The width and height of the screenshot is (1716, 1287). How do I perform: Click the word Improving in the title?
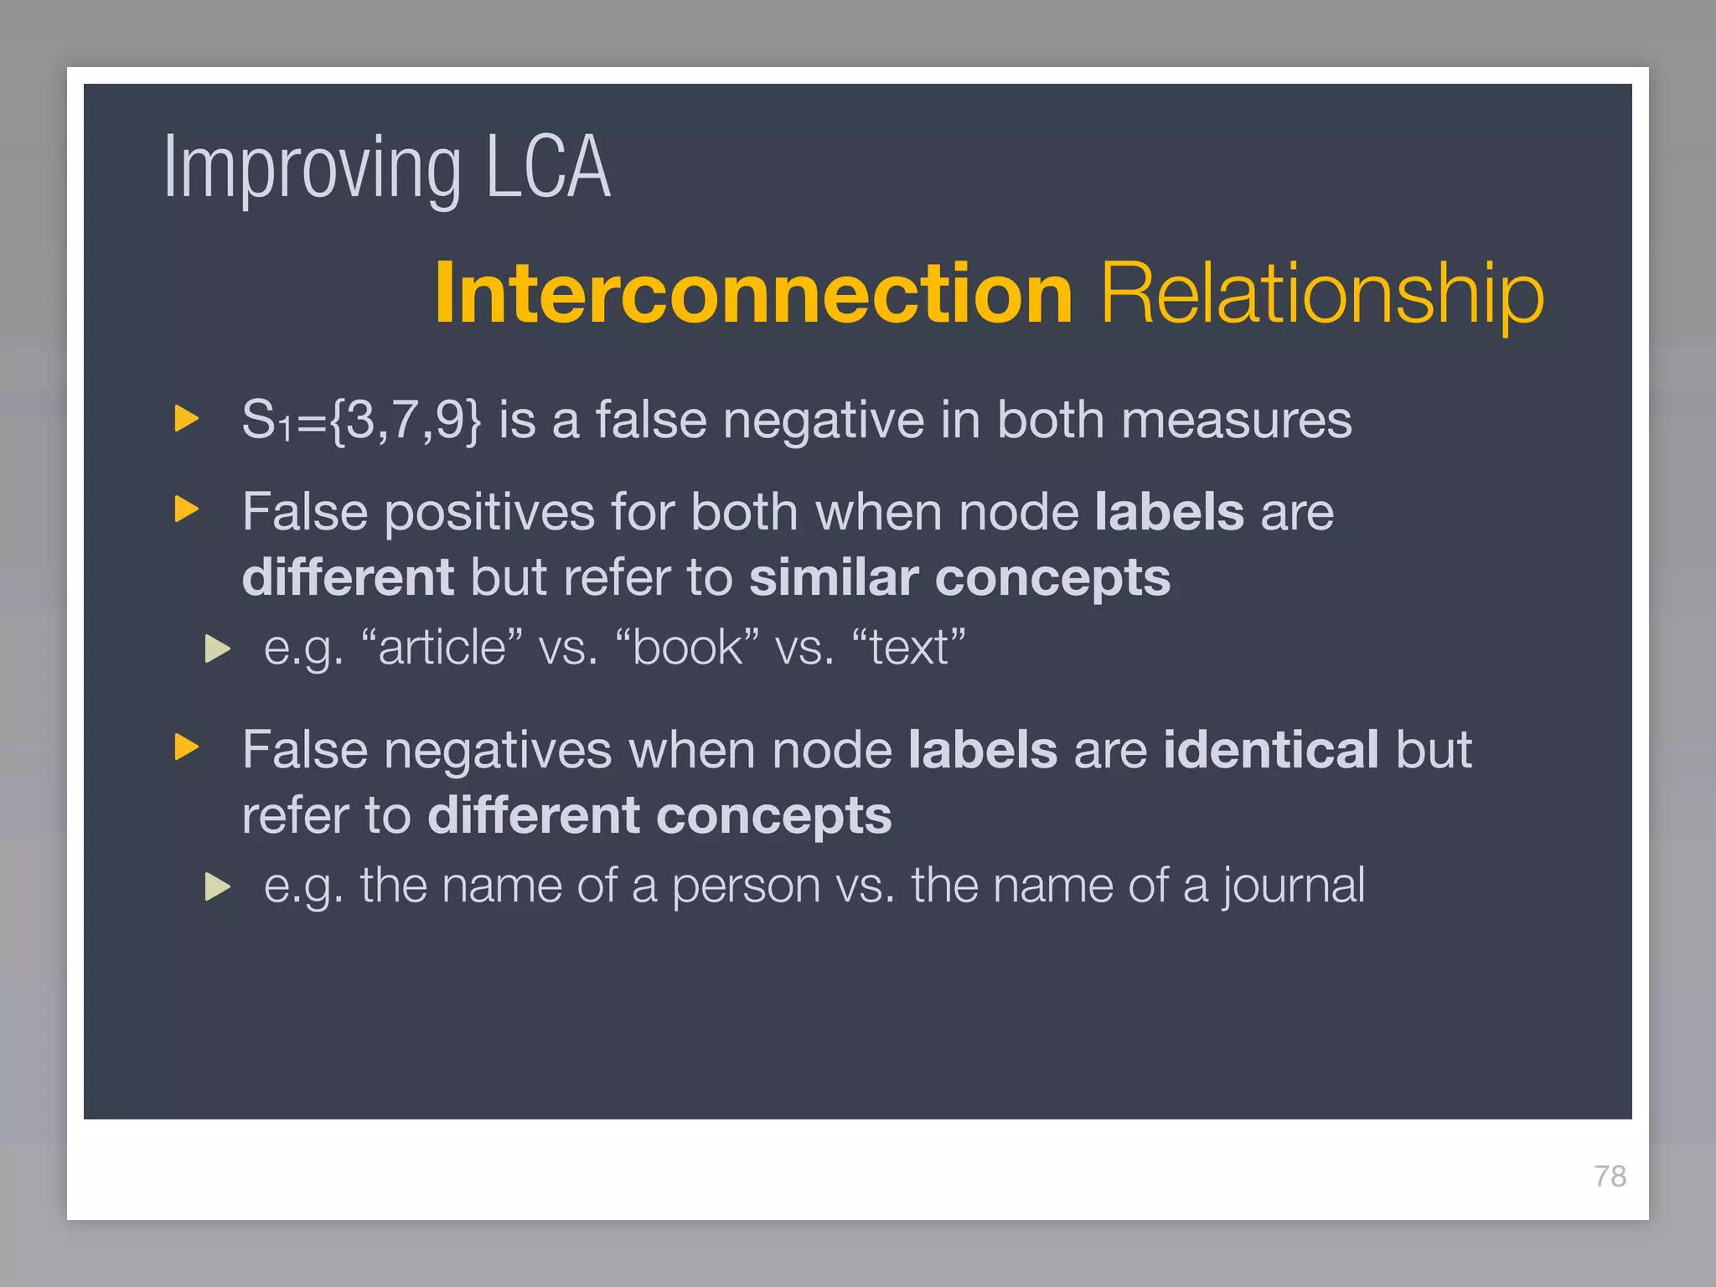pos(312,170)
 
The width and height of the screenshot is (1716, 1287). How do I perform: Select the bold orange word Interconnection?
pos(753,293)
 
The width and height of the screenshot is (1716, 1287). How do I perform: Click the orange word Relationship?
pos(1321,293)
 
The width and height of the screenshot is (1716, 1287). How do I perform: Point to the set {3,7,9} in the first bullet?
pos(406,420)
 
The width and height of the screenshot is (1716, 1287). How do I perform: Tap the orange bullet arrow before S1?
pos(186,418)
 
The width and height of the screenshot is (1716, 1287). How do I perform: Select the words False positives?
pos(418,512)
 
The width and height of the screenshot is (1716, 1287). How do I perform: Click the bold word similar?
pos(833,578)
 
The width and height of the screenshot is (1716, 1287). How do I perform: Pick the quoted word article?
pos(442,648)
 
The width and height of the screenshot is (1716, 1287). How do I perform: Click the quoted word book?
pos(687,648)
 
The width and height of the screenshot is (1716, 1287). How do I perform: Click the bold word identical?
pos(1270,750)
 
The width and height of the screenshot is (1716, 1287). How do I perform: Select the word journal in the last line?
pos(1293,886)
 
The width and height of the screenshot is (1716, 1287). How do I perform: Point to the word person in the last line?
pos(746,886)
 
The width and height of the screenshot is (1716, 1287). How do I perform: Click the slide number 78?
pos(1609,1176)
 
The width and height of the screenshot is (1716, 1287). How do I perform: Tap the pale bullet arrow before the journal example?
pos(217,886)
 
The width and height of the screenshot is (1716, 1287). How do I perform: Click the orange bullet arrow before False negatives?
pos(186,747)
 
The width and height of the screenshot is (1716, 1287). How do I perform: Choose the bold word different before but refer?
pos(348,578)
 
